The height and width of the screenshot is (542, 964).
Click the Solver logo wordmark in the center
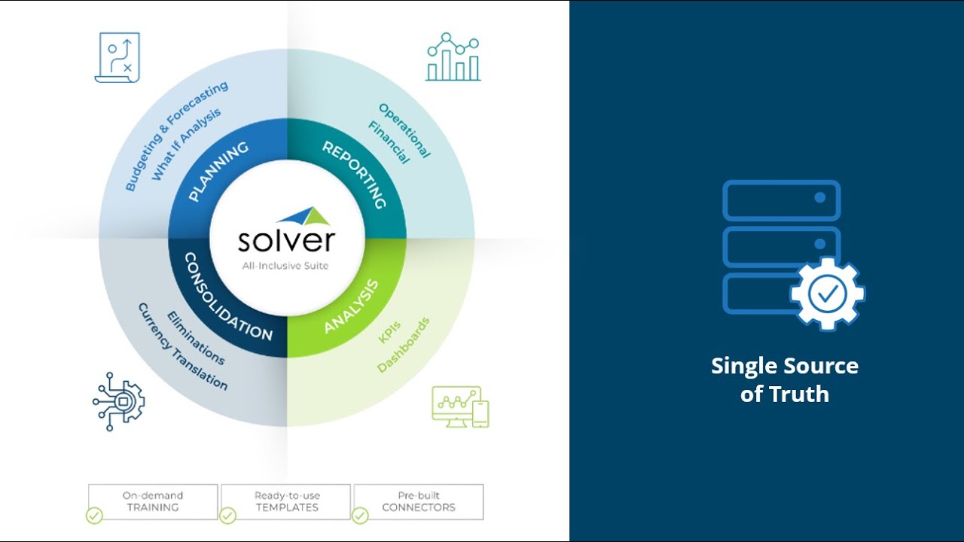(287, 239)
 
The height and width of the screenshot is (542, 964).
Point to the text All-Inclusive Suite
(287, 266)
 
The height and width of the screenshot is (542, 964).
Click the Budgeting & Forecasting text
(175, 136)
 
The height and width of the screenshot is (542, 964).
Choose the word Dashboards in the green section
(404, 345)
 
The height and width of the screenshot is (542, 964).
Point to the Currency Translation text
(182, 346)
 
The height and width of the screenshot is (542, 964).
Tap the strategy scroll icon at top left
(117, 57)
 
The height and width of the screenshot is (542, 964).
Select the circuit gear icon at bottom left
(118, 400)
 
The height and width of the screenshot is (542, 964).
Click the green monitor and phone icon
(460, 406)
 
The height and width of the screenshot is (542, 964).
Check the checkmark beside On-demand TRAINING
(94, 516)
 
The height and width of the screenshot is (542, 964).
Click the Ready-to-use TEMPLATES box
(287, 501)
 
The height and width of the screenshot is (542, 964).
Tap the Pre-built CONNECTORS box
(419, 501)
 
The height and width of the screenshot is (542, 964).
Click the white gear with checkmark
(827, 294)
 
